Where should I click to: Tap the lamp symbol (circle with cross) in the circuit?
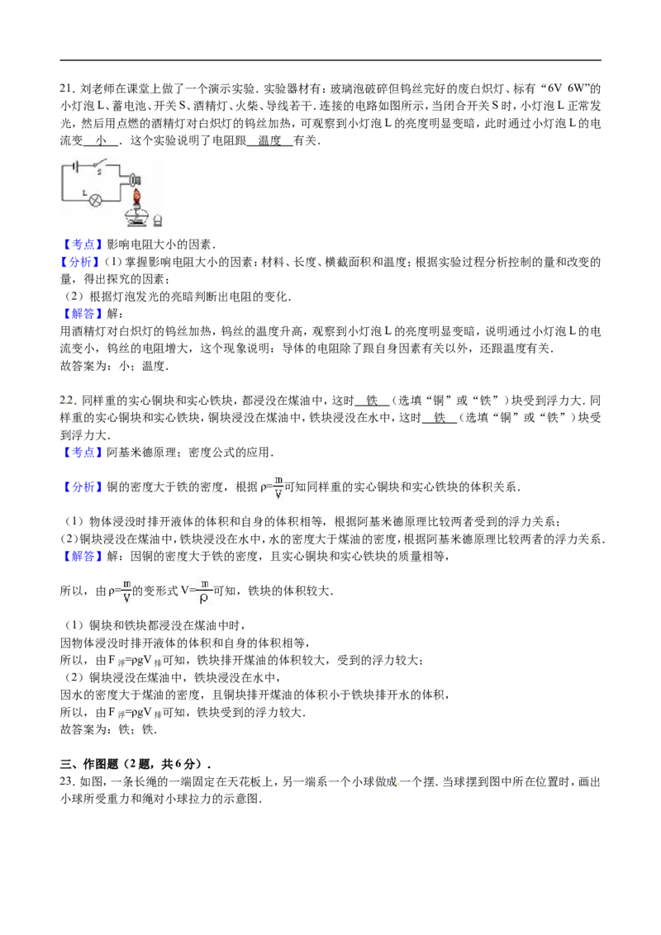tap(95, 201)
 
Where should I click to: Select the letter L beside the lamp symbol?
tap(85, 192)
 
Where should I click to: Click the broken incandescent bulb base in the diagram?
tap(136, 178)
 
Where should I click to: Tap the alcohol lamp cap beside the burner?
tap(158, 220)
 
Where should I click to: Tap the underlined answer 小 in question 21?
tap(102, 140)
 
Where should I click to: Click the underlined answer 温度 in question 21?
tap(269, 140)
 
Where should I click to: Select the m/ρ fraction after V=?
tap(205, 591)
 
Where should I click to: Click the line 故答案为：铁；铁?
tap(108, 729)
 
